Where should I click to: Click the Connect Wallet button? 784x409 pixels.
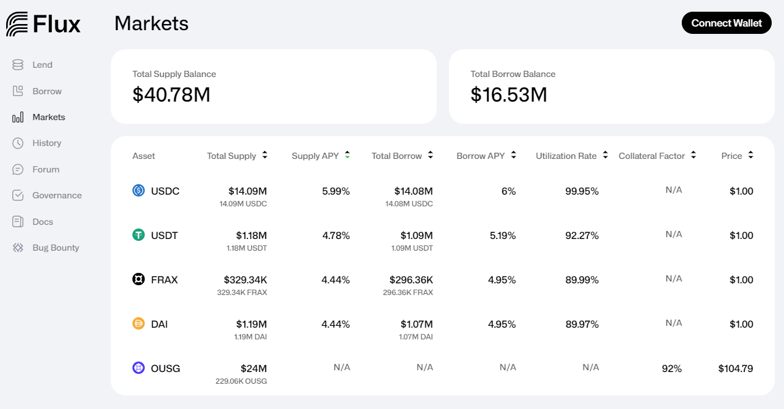[x=726, y=23]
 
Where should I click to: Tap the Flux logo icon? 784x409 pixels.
[x=17, y=24]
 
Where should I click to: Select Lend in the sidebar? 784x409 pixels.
[x=42, y=65]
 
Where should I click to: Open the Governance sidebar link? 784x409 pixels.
[x=57, y=195]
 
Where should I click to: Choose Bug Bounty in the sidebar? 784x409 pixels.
[x=55, y=248]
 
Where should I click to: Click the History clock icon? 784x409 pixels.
[x=18, y=143]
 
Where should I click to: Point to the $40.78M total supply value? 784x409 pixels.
[x=171, y=95]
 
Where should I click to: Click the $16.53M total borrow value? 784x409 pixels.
[x=509, y=95]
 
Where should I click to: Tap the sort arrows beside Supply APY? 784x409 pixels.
[x=347, y=155]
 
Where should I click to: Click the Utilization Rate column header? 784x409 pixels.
[x=566, y=156]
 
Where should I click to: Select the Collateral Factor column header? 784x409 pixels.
[x=652, y=156]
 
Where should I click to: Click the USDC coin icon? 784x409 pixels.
[x=139, y=191]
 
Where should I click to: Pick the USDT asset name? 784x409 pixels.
[x=164, y=235]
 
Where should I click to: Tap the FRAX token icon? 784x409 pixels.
[x=139, y=280]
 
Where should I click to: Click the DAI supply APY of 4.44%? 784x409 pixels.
[x=336, y=324]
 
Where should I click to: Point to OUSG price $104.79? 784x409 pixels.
[x=735, y=368]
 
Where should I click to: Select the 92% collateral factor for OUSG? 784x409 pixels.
[x=672, y=368]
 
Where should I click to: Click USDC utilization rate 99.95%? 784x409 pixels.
[x=582, y=191]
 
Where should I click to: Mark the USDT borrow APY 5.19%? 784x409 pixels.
[x=502, y=235]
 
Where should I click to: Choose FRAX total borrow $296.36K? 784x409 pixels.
[x=411, y=280]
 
